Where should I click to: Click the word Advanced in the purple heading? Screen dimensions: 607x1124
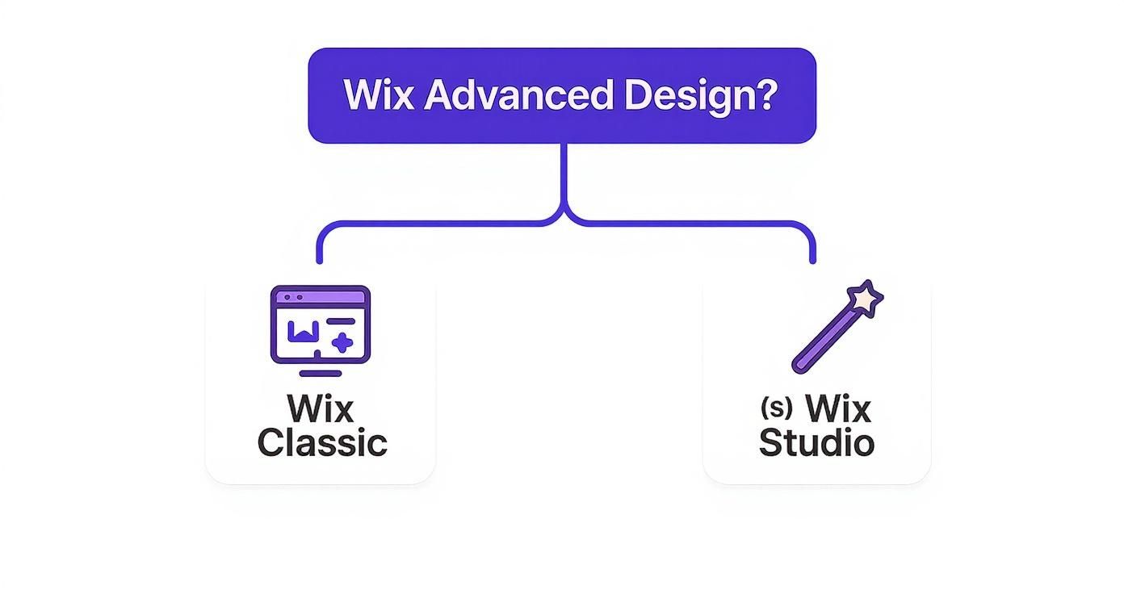(518, 95)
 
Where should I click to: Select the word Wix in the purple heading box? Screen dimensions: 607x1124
(379, 95)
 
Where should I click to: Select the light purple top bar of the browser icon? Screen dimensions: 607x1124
(321, 297)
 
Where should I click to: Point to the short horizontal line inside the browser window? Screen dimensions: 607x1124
(341, 321)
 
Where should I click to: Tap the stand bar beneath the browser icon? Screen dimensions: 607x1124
(320, 373)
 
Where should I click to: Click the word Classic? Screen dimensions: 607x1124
(322, 443)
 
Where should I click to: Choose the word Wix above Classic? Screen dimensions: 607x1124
(321, 408)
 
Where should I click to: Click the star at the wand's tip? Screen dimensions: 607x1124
(866, 299)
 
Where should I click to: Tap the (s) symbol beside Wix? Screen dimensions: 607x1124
(777, 408)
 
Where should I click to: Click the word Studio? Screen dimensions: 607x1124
(816, 443)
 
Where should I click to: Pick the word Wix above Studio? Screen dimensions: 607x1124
(839, 408)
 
